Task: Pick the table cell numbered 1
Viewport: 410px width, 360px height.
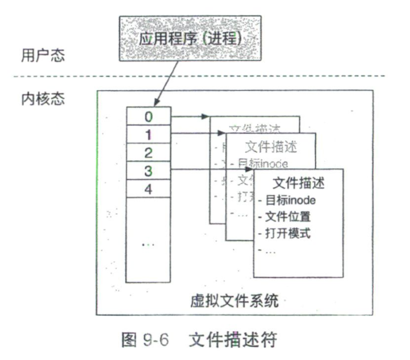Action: (x=148, y=135)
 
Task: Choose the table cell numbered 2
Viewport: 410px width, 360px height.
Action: (x=148, y=152)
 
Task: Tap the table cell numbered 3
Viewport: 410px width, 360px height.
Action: (x=148, y=170)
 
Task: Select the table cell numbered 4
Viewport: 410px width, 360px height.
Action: (x=148, y=188)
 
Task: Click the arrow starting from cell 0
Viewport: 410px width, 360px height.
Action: (x=190, y=117)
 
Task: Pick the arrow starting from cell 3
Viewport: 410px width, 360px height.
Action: (x=213, y=170)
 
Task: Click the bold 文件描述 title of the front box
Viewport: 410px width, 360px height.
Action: (x=299, y=184)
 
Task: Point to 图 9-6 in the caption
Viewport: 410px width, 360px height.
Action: (x=149, y=341)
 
